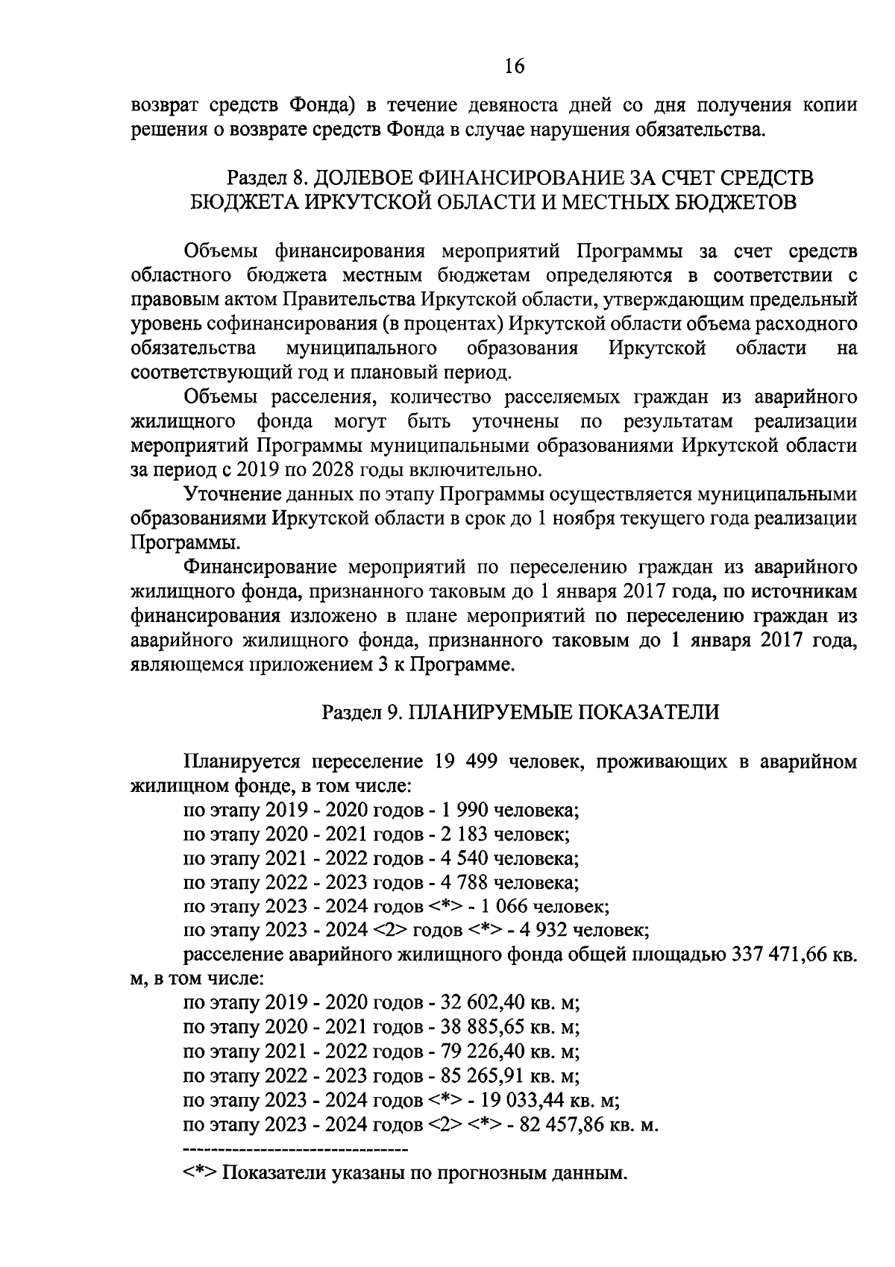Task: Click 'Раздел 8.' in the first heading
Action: coord(266,178)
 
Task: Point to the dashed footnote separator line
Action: coord(295,1147)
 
